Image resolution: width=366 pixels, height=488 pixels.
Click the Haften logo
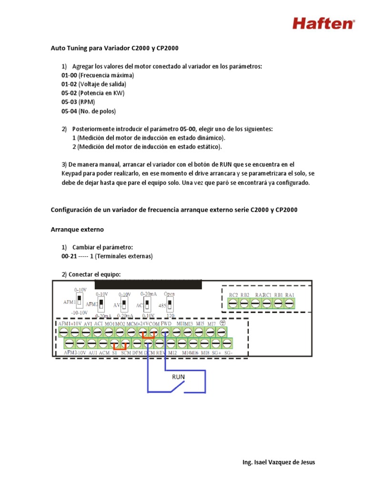point(323,22)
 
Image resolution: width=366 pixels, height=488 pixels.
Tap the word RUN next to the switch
point(179,376)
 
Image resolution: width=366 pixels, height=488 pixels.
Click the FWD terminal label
point(166,323)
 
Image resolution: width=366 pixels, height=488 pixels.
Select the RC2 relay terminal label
point(233,295)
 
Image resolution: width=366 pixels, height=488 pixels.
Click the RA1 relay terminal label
point(290,295)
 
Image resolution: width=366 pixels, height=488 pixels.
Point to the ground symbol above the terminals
point(222,323)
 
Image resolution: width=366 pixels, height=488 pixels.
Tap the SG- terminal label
point(228,353)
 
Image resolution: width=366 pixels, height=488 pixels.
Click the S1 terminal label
point(114,353)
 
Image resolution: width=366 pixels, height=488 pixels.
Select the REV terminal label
point(160,353)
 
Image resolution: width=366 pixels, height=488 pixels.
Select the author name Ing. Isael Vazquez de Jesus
point(278,462)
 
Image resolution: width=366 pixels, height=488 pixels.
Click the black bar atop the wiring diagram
point(148,285)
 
